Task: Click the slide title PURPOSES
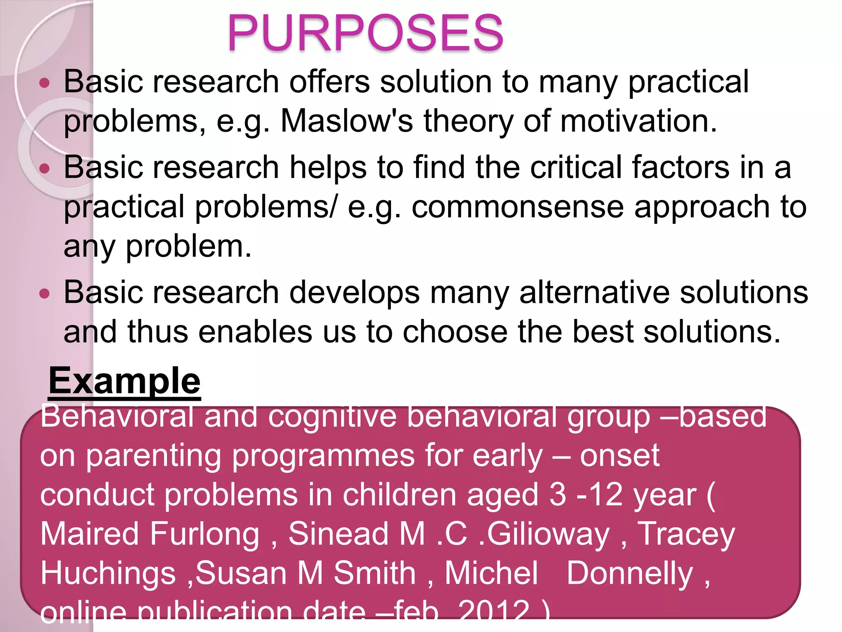[365, 33]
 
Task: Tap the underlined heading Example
[125, 381]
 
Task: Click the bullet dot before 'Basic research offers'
[44, 84]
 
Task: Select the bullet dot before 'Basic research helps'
[44, 169]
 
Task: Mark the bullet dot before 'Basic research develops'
[44, 294]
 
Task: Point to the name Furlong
[204, 534]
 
